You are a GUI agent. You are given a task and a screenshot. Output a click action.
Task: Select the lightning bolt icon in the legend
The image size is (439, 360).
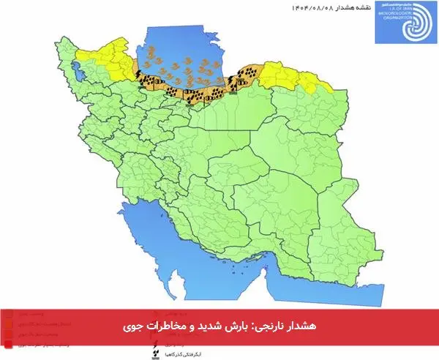[154, 338]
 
